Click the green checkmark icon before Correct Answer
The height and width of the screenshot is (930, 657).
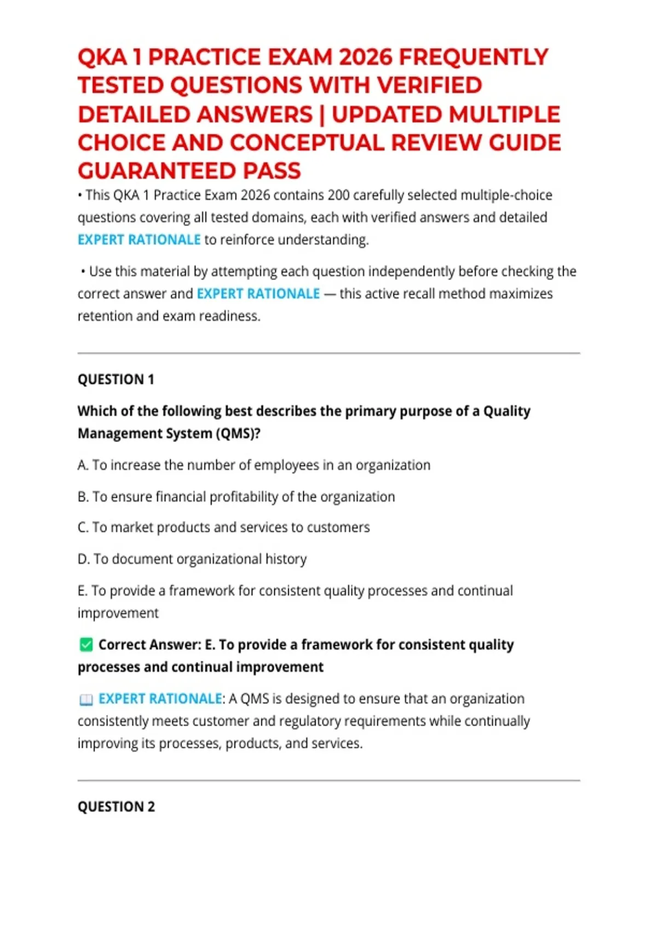point(86,645)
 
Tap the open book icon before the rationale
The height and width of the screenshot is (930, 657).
point(86,700)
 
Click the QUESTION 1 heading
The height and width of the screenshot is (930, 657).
point(116,380)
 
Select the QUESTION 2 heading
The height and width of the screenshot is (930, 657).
point(117,807)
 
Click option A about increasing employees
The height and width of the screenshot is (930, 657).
point(254,465)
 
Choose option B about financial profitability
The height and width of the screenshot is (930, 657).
point(236,497)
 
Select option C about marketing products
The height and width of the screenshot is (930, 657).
point(223,527)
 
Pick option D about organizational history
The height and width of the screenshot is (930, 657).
point(192,559)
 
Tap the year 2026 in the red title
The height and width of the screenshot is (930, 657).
point(365,57)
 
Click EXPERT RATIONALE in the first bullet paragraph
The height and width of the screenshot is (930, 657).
point(139,240)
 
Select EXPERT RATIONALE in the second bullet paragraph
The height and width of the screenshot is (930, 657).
point(258,294)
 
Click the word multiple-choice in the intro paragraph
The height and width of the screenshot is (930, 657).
point(506,195)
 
